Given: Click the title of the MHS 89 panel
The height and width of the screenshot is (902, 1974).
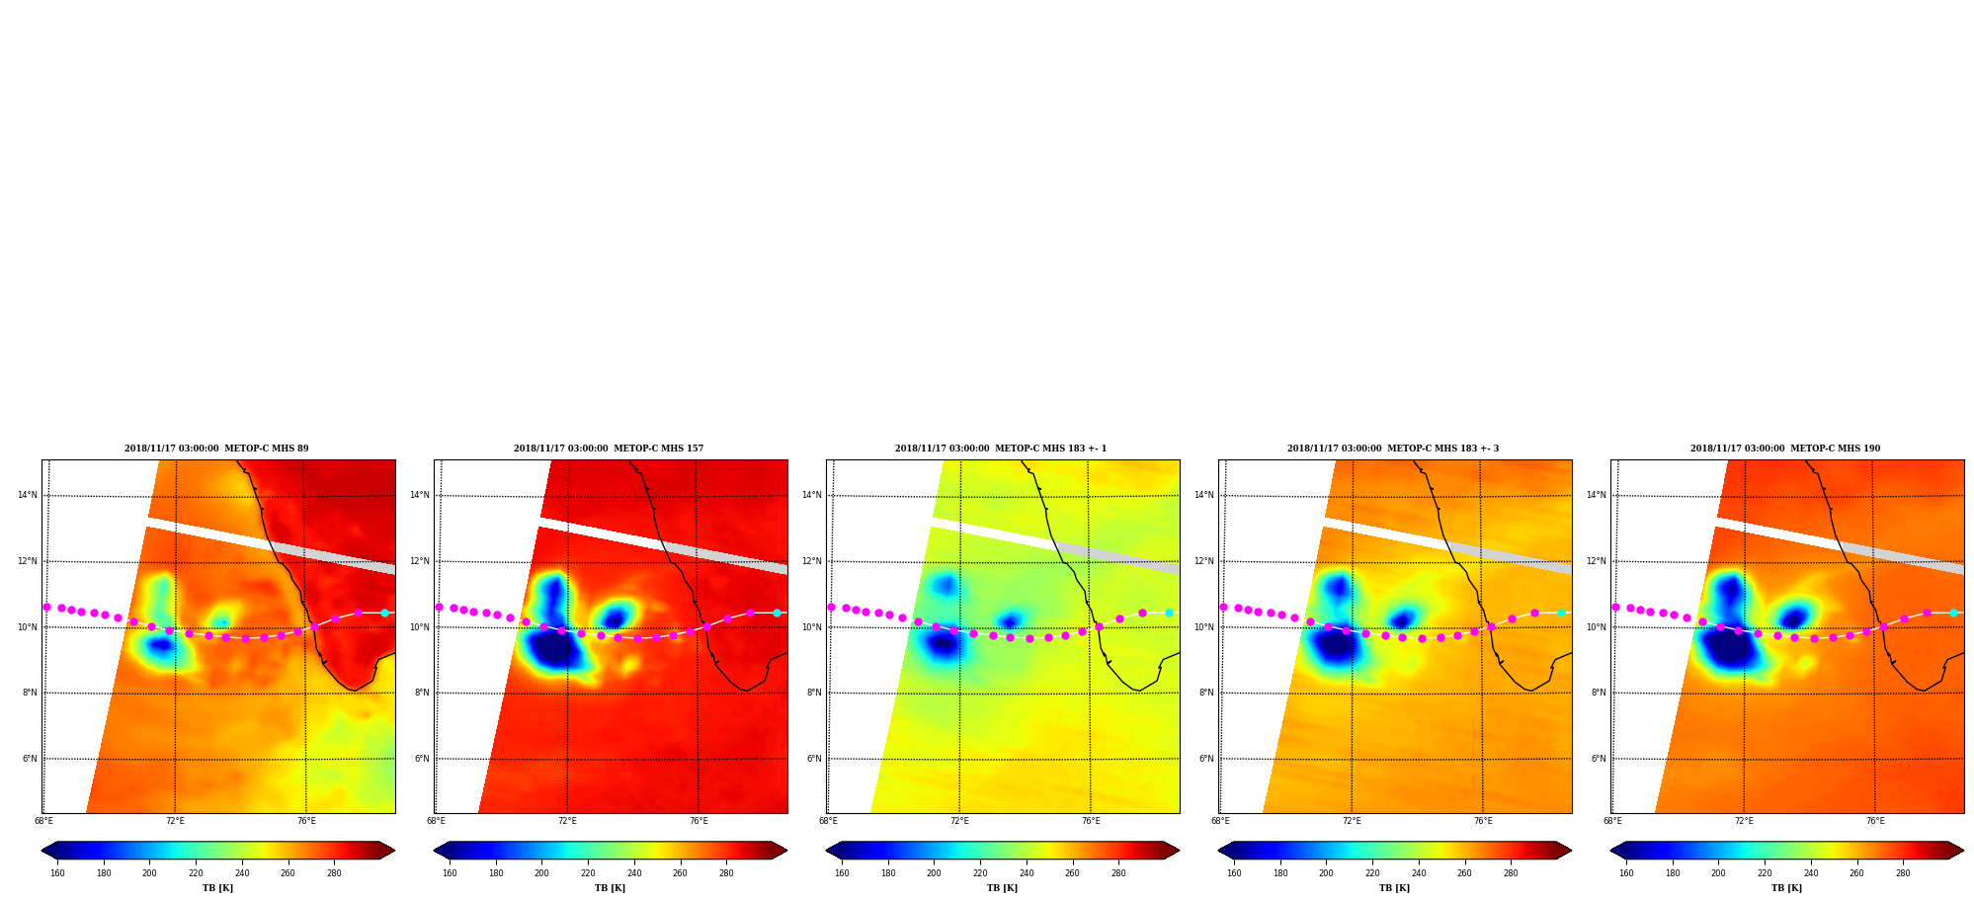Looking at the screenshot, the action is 216,449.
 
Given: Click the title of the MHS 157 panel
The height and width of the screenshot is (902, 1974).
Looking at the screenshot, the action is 609,449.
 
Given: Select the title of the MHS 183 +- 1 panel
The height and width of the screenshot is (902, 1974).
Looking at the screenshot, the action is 1001,449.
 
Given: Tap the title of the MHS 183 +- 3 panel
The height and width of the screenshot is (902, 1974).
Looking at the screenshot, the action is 1393,449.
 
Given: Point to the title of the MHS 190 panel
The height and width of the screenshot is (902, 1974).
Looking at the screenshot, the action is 1785,449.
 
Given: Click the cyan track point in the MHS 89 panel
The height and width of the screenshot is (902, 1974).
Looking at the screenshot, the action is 384,613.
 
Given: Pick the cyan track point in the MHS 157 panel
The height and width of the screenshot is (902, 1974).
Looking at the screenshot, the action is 777,613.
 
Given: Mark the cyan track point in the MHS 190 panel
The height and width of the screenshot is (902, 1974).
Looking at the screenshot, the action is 1953,613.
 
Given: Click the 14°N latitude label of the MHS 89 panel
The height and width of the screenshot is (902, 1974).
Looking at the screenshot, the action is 27,496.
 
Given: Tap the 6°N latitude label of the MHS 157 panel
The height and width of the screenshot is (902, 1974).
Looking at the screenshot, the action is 422,759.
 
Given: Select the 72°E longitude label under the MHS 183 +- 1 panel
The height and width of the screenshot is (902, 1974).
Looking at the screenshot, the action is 959,821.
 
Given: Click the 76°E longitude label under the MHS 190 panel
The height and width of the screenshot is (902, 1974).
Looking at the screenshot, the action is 1875,821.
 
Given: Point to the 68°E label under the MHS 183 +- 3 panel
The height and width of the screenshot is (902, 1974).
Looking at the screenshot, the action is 1220,821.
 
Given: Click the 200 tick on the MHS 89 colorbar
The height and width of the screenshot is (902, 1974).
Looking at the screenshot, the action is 149,872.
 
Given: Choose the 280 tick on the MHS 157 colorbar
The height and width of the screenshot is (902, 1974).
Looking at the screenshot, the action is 726,872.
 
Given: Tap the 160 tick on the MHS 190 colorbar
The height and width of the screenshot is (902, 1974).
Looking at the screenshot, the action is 1626,872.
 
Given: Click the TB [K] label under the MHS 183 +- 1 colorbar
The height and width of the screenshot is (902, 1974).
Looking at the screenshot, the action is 1002,888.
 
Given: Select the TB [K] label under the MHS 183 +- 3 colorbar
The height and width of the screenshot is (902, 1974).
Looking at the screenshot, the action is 1394,888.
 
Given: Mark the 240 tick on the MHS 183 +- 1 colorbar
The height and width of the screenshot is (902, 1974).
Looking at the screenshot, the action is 1027,872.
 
